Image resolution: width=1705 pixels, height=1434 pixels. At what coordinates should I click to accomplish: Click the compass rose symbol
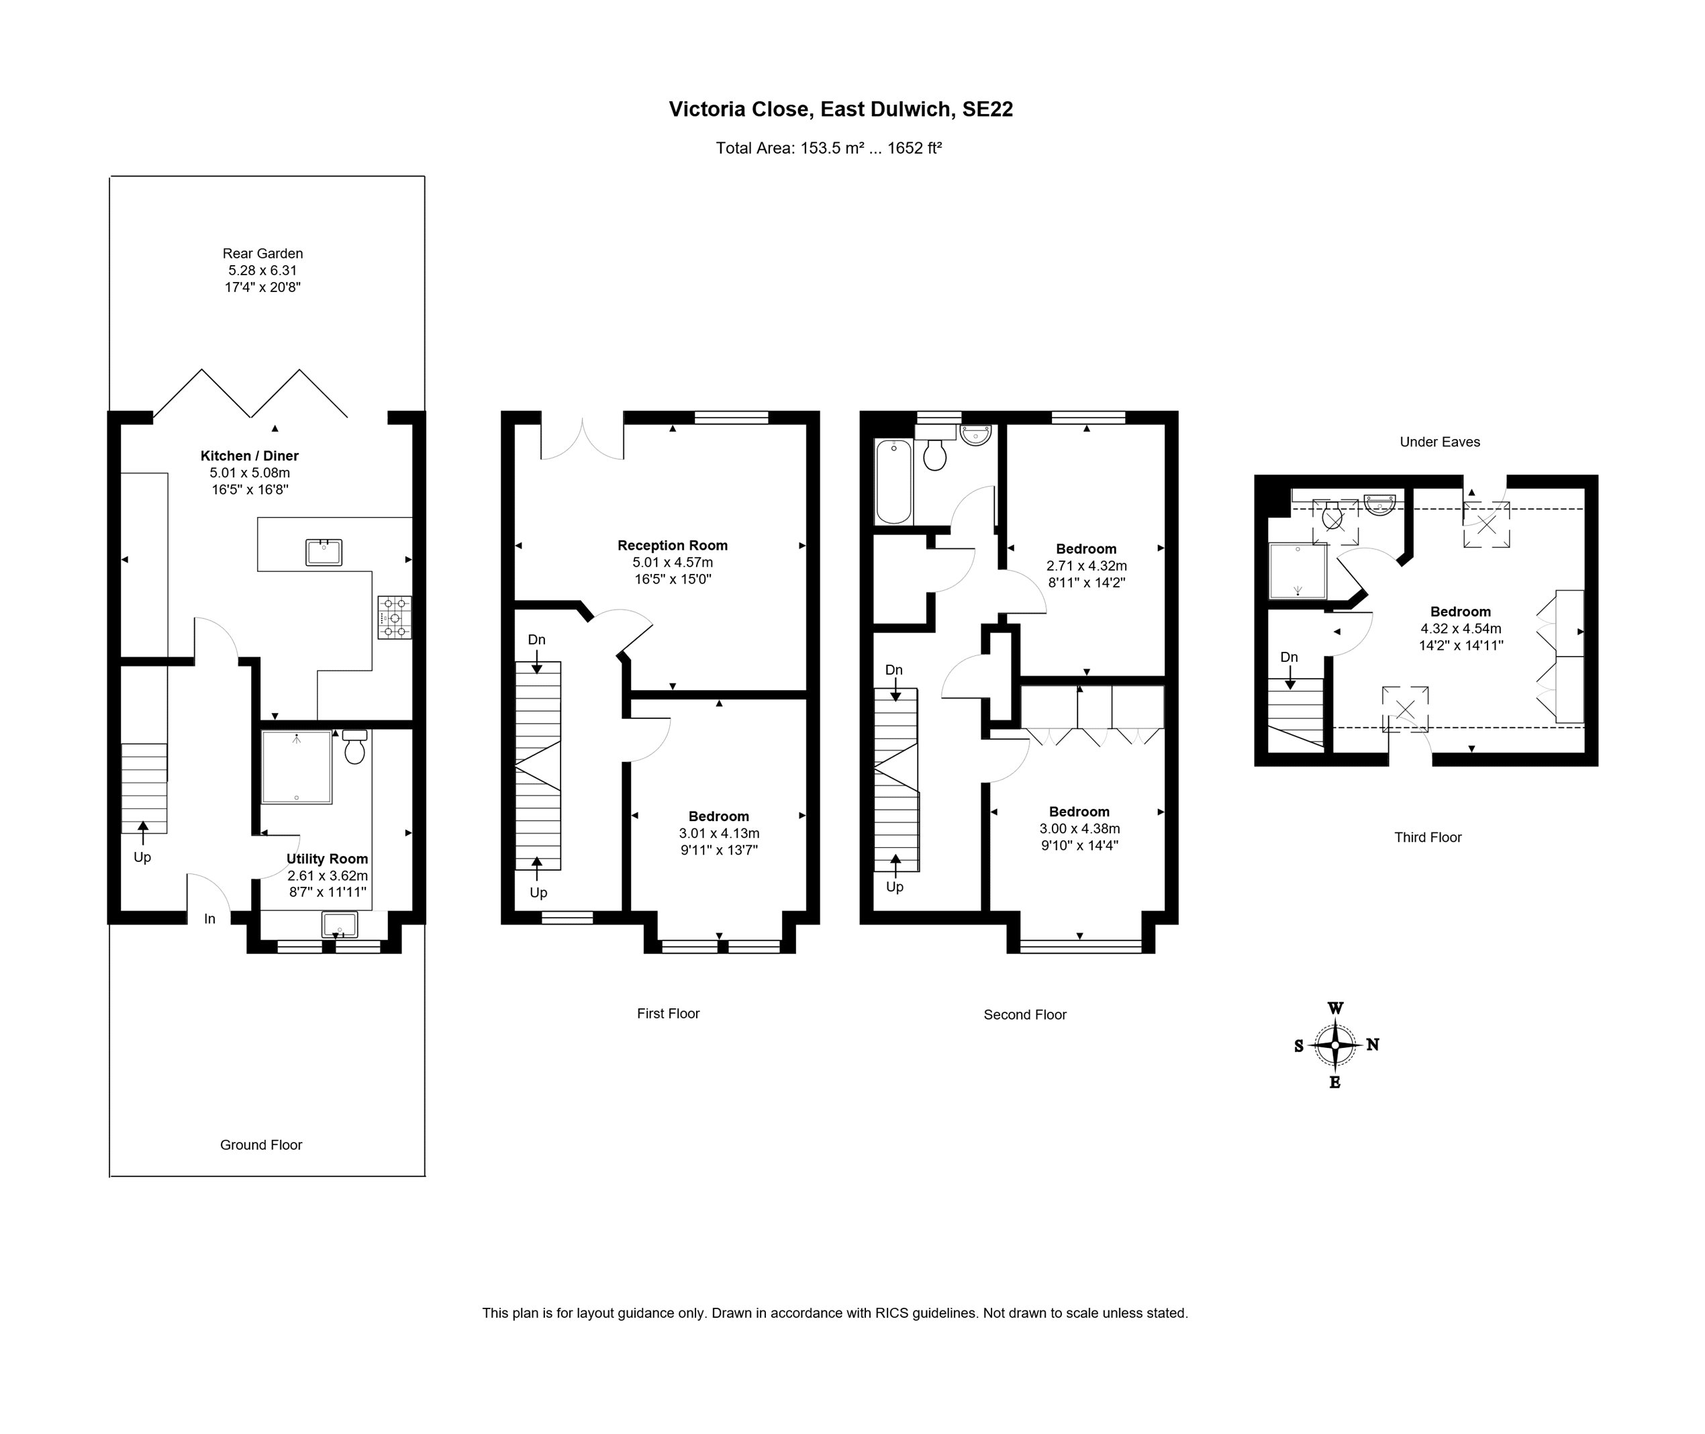(1335, 1045)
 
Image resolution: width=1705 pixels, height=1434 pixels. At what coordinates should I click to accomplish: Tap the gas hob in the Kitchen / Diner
(394, 618)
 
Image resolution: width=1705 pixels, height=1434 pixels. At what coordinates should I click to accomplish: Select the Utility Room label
(327, 859)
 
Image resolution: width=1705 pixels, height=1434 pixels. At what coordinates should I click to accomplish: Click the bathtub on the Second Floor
(894, 481)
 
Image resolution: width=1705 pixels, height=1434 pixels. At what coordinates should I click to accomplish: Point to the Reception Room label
(672, 546)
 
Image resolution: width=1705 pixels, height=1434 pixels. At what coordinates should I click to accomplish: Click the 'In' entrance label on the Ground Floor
(209, 918)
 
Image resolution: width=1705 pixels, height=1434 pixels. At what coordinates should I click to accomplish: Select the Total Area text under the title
(828, 148)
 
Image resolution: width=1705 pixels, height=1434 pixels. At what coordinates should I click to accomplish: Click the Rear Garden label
(262, 254)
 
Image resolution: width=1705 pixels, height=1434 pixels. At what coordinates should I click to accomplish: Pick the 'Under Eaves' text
(1439, 442)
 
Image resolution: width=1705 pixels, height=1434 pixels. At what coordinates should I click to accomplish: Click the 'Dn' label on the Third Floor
(1289, 657)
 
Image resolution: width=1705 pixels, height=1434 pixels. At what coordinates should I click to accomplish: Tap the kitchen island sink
(324, 553)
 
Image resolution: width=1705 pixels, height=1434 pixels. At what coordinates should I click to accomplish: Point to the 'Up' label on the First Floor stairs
(538, 893)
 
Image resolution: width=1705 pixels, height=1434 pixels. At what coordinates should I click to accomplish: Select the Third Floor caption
(1428, 837)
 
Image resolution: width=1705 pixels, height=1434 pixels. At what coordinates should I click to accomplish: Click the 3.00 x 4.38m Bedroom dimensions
(1079, 828)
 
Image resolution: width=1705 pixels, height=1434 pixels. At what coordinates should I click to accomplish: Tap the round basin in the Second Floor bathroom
(975, 434)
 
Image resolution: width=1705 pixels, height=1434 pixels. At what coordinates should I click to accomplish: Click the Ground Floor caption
(261, 1145)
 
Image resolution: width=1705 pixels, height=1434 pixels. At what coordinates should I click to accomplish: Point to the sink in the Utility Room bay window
(339, 924)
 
